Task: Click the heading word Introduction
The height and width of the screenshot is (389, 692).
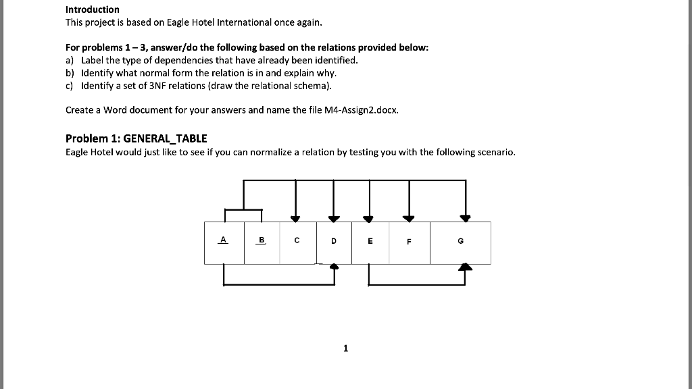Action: pos(92,9)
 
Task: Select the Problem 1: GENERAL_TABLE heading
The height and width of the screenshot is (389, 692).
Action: pos(136,138)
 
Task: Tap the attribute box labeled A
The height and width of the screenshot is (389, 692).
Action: pos(224,242)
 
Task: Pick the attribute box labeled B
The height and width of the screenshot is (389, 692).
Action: pos(262,242)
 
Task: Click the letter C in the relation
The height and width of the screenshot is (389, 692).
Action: pos(297,239)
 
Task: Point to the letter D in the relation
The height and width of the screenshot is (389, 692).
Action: pos(334,240)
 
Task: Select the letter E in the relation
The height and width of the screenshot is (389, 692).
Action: pos(370,240)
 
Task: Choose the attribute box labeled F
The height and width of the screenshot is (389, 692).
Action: pos(409,242)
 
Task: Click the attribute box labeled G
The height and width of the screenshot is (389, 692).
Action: pos(460,242)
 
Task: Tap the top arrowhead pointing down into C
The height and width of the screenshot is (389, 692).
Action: pos(295,218)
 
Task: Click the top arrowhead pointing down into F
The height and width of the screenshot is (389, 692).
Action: pos(409,218)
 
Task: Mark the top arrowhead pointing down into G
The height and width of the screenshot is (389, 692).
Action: pos(465,218)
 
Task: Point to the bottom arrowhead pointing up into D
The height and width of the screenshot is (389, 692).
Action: pos(334,267)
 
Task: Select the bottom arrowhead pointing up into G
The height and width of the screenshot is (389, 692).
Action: pos(465,267)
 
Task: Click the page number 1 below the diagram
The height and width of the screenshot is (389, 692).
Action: pos(345,348)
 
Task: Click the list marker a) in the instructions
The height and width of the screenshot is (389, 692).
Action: pos(70,59)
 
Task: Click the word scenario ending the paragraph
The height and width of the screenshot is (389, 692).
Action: pos(497,152)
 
